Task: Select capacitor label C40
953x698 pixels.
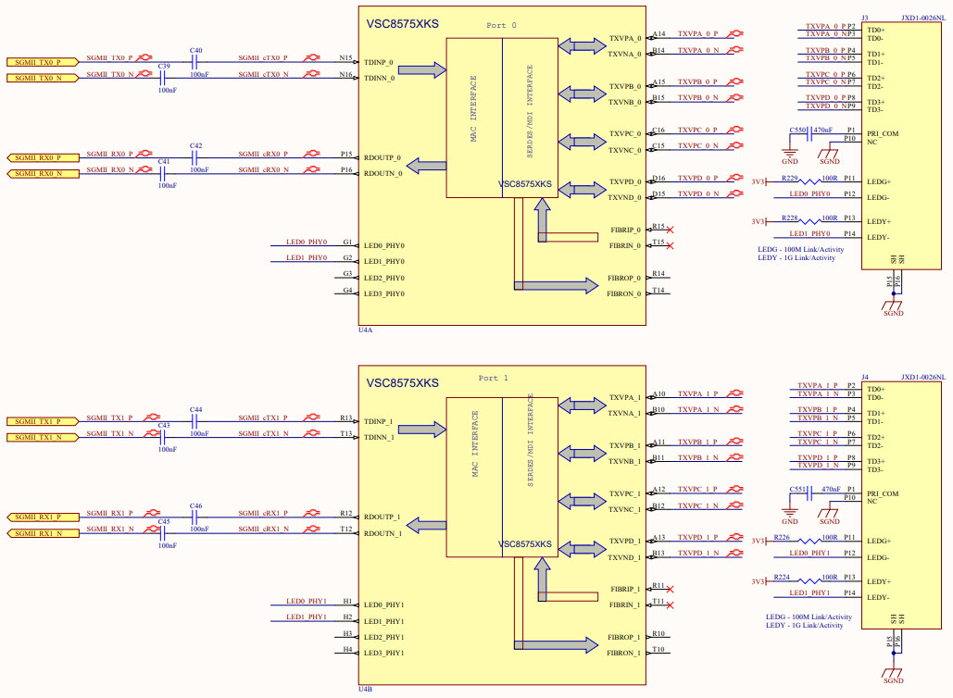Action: (x=195, y=50)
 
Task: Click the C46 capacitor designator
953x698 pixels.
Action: (x=195, y=506)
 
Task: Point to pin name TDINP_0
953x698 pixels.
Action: (x=379, y=63)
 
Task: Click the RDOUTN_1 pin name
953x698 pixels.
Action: (x=382, y=533)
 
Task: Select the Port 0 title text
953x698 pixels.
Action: (x=502, y=24)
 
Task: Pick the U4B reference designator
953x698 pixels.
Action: (x=366, y=689)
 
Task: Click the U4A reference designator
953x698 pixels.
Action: (x=366, y=329)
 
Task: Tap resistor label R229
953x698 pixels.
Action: (x=789, y=177)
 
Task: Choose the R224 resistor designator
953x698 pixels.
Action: (x=783, y=577)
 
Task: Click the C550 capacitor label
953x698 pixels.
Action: (x=797, y=131)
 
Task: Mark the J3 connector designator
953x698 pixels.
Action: (x=864, y=17)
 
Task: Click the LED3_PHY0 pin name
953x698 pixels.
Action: (x=384, y=293)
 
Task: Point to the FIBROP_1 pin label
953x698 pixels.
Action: (x=624, y=638)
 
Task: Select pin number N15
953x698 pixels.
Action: (x=345, y=58)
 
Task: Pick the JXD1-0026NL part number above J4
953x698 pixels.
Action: (x=922, y=377)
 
